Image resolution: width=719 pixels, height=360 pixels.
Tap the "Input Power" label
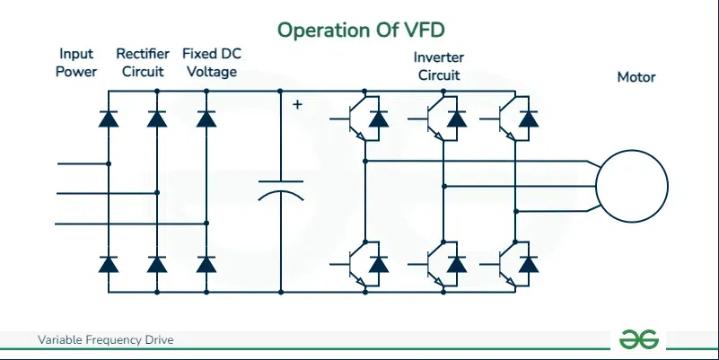point(76,63)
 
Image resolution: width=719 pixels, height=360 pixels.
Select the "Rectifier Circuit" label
point(142,63)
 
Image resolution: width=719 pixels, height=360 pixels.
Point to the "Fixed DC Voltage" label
point(211,63)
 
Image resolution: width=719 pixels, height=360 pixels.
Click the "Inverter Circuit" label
point(438,66)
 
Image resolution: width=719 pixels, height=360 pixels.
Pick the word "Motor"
point(636,77)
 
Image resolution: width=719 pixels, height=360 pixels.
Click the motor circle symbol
point(633,186)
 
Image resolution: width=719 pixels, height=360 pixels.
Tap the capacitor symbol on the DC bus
point(280,192)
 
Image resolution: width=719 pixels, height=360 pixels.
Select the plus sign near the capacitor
point(298,105)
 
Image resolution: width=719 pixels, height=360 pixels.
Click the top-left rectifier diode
point(109,119)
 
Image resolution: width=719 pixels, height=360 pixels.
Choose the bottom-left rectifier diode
point(109,264)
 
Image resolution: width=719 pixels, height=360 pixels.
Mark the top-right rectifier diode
point(206,119)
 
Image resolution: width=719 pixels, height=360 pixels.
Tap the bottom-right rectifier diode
point(206,264)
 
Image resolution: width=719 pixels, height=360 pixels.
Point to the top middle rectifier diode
point(157,119)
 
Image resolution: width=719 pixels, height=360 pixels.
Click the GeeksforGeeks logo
point(639,339)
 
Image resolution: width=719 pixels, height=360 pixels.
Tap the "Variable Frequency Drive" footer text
point(105,340)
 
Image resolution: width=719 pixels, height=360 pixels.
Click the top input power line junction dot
point(109,164)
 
